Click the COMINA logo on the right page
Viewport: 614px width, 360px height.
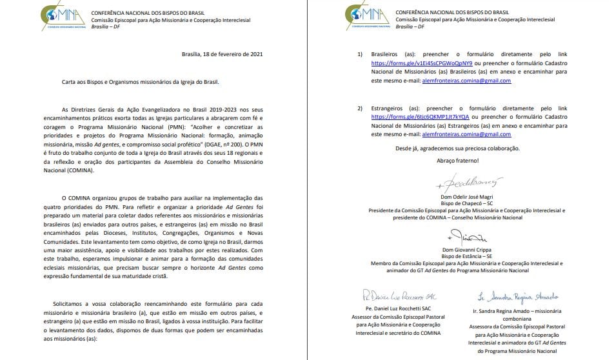coord(366,15)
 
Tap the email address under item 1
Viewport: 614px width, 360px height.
coord(465,81)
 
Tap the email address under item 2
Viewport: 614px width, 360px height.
coord(465,134)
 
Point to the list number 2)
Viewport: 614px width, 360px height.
coord(360,107)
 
